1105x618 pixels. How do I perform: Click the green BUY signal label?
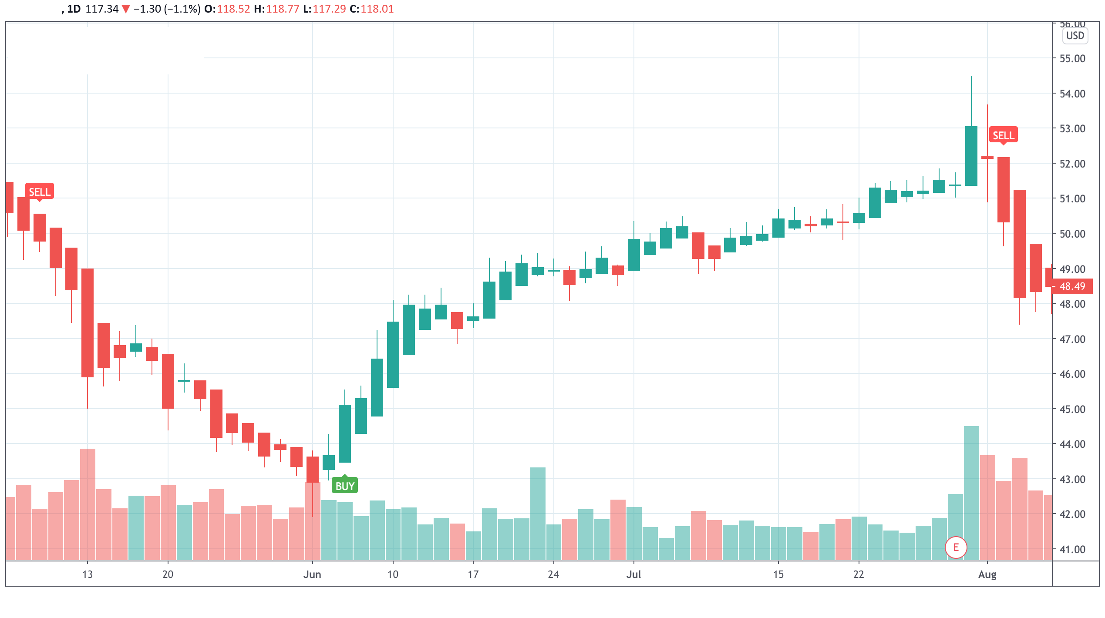(344, 486)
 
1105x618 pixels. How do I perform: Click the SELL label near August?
(1003, 135)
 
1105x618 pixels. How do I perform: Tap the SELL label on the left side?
(40, 192)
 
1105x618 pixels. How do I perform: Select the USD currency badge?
(1075, 36)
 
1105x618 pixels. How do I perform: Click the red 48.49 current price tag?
(1072, 286)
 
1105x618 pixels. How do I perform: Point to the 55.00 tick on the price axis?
(1072, 59)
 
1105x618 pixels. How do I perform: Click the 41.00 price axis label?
(1072, 550)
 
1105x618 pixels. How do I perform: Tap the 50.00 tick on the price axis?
(1072, 234)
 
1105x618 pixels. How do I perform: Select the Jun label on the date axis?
(312, 574)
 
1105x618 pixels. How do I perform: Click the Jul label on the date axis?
(633, 574)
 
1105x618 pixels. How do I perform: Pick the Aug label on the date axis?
(987, 574)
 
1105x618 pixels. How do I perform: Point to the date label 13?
(88, 574)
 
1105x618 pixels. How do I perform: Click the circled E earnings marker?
(956, 547)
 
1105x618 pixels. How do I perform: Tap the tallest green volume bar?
(971, 492)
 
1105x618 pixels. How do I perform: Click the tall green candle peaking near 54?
(971, 156)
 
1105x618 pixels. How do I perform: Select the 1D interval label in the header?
(74, 9)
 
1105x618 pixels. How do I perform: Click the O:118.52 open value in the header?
(227, 9)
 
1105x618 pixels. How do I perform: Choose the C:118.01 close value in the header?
(372, 9)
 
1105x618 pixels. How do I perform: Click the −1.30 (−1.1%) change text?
(167, 9)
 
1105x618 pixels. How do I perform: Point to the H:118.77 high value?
(277, 9)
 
